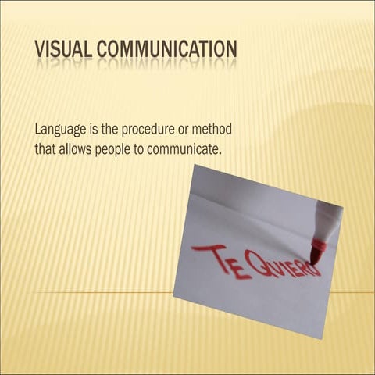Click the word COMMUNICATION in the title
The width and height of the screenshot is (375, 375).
[x=167, y=50]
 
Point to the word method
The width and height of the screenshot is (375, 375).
[x=213, y=129]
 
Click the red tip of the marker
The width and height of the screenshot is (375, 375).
[x=316, y=252]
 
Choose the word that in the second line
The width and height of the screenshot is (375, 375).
[x=46, y=147]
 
